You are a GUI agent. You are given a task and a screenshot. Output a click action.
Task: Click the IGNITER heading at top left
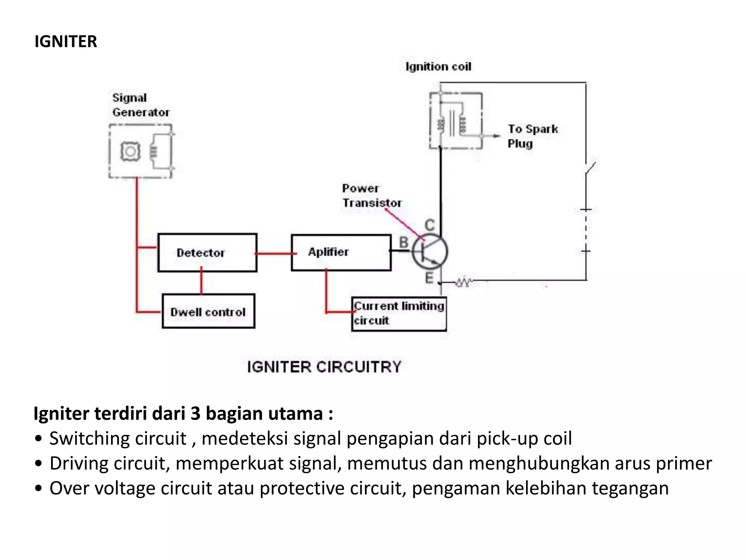tap(66, 42)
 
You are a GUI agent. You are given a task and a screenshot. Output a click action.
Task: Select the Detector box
tap(207, 253)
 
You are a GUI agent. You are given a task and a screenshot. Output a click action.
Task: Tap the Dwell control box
tap(208, 312)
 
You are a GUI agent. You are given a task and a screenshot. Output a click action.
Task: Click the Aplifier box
tap(341, 252)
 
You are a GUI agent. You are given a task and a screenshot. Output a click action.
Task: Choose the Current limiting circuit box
tap(399, 314)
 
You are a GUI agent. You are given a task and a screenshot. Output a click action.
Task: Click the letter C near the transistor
tap(430, 225)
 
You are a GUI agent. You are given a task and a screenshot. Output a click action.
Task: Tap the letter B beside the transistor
tap(404, 242)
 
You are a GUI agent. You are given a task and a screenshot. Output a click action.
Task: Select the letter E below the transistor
tap(429, 278)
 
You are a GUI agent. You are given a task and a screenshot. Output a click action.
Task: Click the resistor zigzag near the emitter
tap(463, 282)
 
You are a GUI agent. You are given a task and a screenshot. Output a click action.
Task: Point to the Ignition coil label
tap(438, 67)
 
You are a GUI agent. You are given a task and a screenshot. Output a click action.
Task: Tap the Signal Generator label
tap(140, 105)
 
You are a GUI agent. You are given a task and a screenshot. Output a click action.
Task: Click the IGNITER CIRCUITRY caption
tap(324, 367)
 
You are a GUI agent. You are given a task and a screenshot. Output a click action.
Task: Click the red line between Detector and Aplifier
tap(274, 253)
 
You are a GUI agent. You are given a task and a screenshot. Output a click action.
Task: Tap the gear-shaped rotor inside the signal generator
tap(130, 151)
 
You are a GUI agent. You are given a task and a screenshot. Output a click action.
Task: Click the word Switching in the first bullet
tap(118, 439)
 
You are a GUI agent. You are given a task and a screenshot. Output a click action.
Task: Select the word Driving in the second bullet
tap(79, 463)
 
